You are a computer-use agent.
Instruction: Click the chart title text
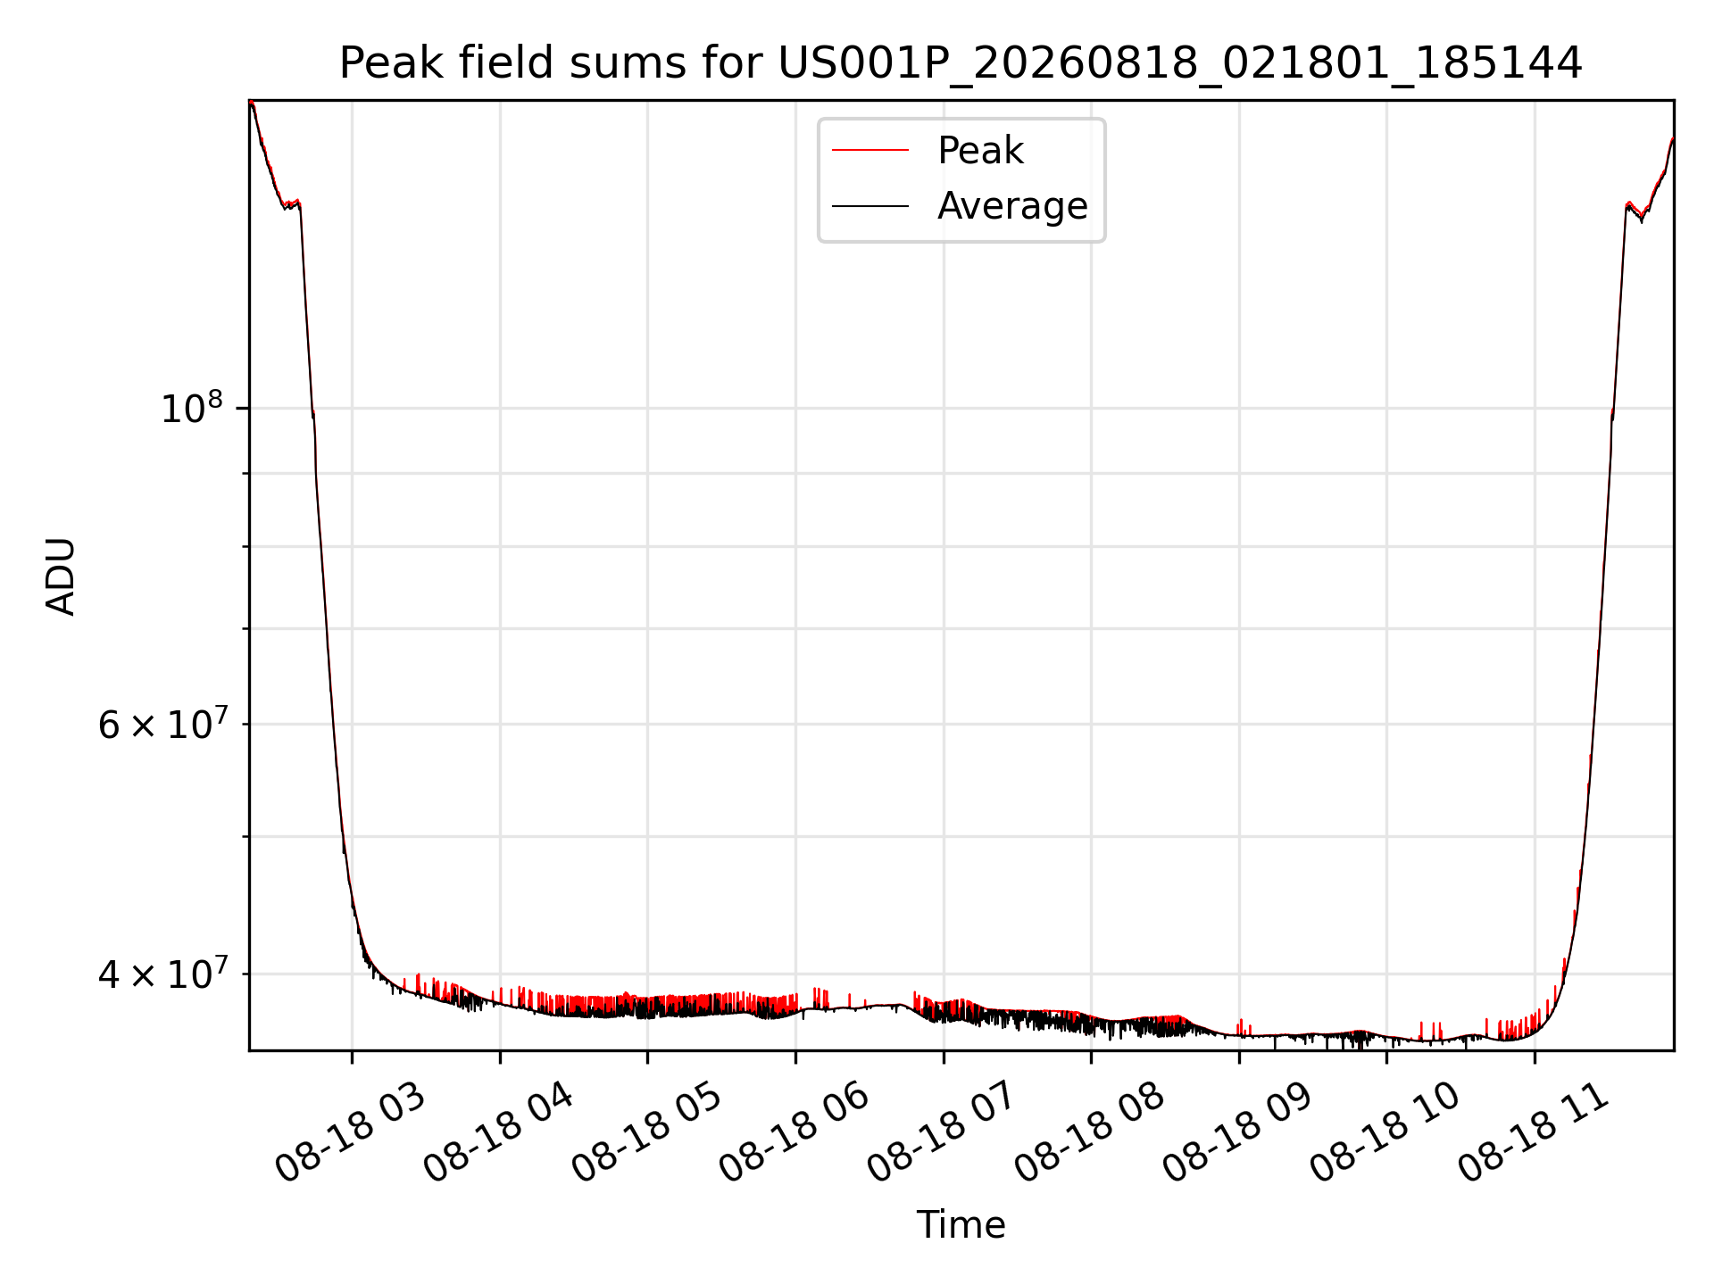click(x=961, y=63)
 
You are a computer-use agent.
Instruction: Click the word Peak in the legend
click(x=980, y=151)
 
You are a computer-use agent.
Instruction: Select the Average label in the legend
click(x=1012, y=206)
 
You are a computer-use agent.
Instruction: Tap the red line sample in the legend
click(x=870, y=151)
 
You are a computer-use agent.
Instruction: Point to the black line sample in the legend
click(x=870, y=206)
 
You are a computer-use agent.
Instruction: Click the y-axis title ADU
click(x=61, y=576)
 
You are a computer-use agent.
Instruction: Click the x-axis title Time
click(x=961, y=1225)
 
